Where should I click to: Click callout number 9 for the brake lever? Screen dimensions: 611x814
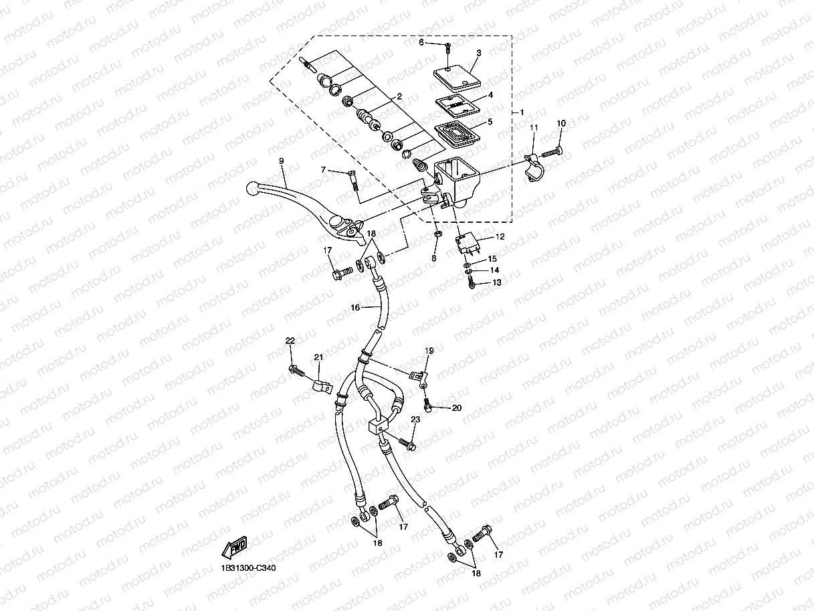[x=282, y=161]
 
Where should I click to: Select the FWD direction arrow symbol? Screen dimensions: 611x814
[x=235, y=547]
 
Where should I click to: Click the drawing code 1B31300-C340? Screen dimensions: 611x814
[x=248, y=568]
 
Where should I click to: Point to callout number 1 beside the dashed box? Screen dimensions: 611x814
[x=522, y=112]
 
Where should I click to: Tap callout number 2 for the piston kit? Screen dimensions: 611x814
[x=399, y=96]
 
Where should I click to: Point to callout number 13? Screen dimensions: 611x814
[x=496, y=283]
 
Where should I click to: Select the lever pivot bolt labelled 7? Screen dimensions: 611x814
[x=353, y=179]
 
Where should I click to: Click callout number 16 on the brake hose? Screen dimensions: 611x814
[x=355, y=307]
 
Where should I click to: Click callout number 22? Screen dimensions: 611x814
[x=290, y=341]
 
